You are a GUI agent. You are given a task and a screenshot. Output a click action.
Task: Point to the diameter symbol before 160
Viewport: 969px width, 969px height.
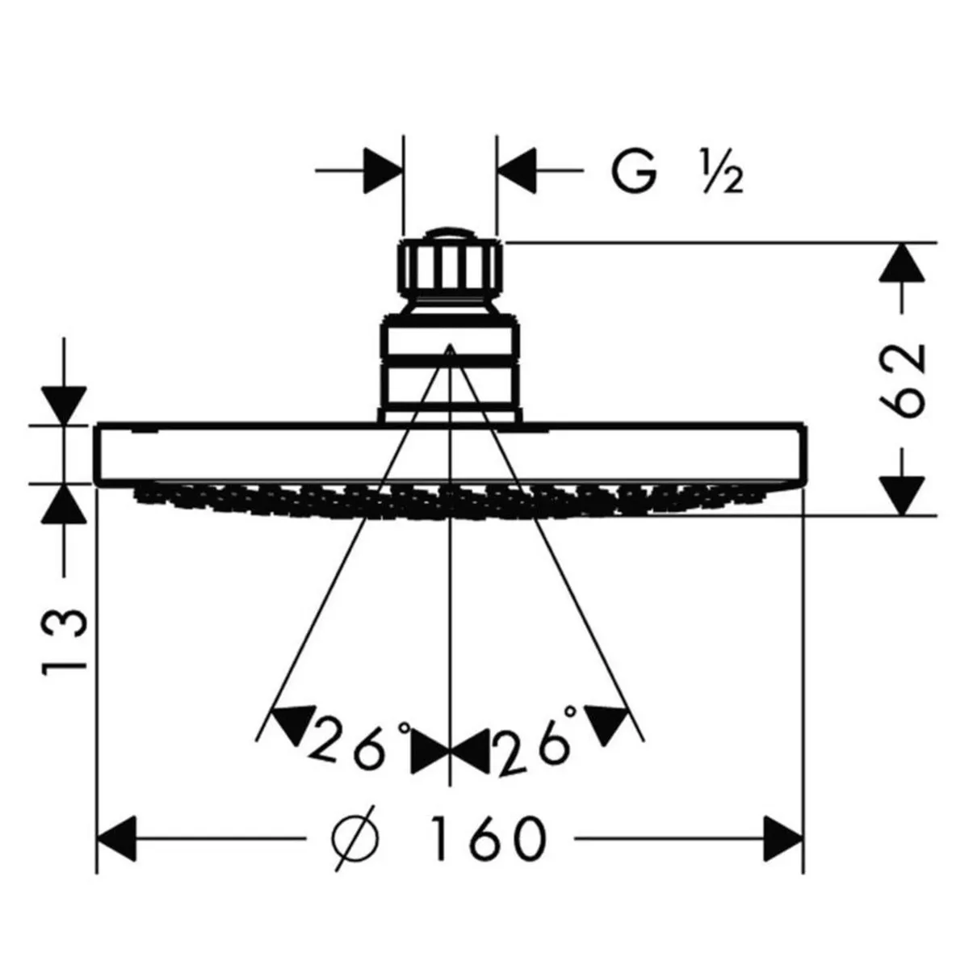(x=355, y=838)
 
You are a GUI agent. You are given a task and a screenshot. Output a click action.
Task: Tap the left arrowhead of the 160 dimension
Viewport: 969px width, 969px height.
(x=116, y=838)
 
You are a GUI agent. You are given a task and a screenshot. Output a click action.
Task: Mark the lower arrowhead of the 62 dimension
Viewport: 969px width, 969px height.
(x=902, y=495)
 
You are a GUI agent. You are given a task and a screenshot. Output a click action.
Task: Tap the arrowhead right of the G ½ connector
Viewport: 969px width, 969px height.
(x=517, y=170)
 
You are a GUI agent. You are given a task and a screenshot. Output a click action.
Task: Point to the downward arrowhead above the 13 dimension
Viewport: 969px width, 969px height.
(x=64, y=405)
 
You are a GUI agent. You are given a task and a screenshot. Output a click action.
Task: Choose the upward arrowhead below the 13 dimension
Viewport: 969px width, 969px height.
(x=64, y=503)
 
